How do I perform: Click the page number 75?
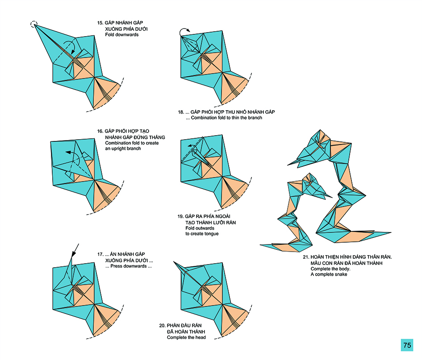click(407, 345)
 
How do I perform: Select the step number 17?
click(100, 254)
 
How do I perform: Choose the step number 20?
click(163, 326)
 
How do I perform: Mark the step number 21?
click(306, 257)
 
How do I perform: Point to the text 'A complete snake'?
click(329, 274)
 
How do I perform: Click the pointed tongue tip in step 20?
click(175, 262)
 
